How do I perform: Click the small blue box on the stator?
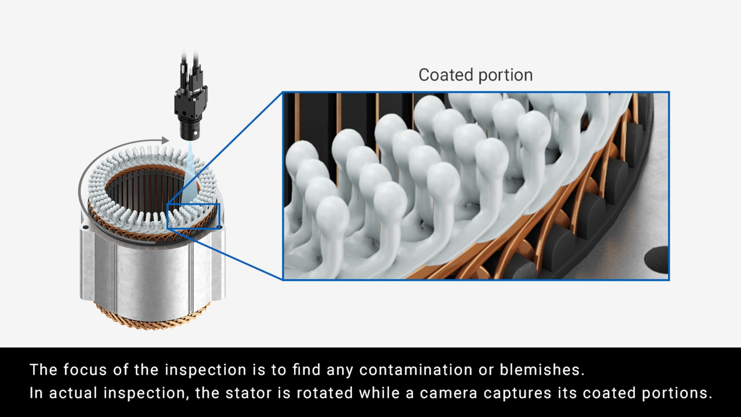[193, 215]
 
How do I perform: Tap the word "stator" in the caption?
[258, 393]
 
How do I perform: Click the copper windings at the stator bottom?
[151, 318]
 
